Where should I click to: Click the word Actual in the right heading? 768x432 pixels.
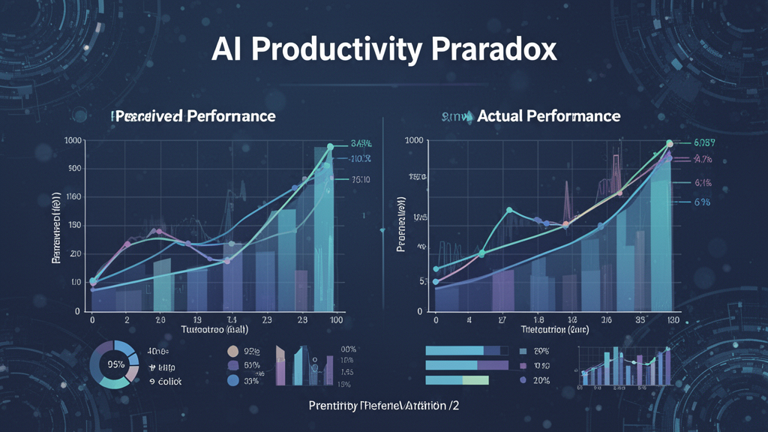click(x=500, y=116)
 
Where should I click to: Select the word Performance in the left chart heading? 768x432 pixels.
click(x=232, y=116)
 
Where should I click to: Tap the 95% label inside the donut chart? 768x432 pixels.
click(x=115, y=365)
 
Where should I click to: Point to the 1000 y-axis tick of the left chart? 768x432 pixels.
click(x=73, y=141)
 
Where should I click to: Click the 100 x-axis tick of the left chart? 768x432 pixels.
click(x=336, y=319)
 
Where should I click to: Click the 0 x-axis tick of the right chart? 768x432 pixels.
click(x=435, y=319)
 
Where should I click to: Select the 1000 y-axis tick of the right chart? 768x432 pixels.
click(x=415, y=141)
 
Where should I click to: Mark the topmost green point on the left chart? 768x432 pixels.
click(x=329, y=147)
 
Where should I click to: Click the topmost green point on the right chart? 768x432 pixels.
click(x=670, y=143)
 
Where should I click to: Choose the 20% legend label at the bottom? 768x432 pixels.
click(x=541, y=381)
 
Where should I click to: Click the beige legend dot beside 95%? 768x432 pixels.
click(x=232, y=351)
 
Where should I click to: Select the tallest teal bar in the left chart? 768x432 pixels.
click(x=323, y=225)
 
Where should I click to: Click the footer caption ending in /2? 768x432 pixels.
click(x=383, y=405)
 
